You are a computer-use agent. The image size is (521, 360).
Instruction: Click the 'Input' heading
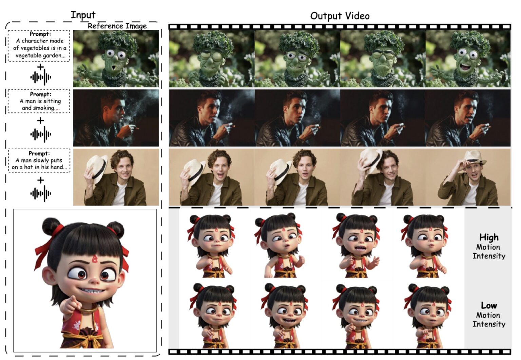point(83,15)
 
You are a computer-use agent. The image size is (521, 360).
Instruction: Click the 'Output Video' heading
point(340,16)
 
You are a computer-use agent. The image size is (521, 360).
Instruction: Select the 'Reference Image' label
point(117,26)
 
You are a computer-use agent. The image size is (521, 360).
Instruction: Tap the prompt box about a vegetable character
point(39,45)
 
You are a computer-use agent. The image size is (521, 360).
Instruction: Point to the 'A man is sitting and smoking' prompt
point(39,101)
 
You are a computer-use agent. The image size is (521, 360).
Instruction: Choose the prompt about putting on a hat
point(39,160)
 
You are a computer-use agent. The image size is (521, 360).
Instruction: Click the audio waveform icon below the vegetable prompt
point(40,78)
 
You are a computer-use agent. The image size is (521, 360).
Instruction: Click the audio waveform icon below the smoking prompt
point(40,135)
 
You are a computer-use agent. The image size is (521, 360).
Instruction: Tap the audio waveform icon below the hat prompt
point(40,194)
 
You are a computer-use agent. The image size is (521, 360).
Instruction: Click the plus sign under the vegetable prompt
point(40,67)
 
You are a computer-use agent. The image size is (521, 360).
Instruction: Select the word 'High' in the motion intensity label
point(488,237)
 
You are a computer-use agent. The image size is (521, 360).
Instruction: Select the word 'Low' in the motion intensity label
point(488,305)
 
